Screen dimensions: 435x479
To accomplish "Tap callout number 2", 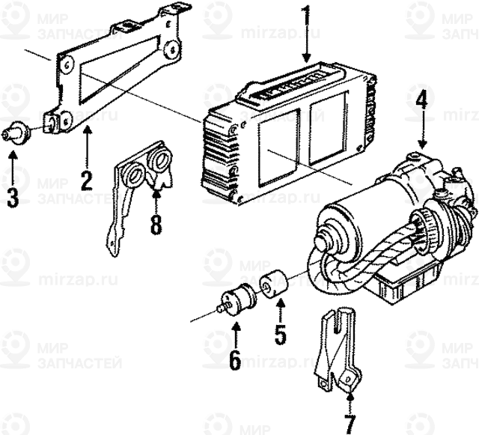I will point(86,179).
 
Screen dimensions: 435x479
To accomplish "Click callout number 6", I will point(235,360).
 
